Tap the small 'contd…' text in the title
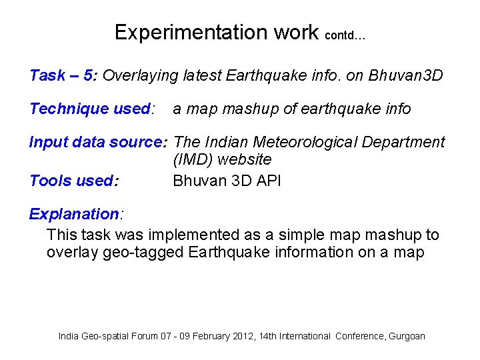[x=345, y=36]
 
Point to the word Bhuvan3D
[x=405, y=75]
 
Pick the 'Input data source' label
[x=99, y=142]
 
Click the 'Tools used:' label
[x=74, y=181]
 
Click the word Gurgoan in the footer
[x=407, y=337]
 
